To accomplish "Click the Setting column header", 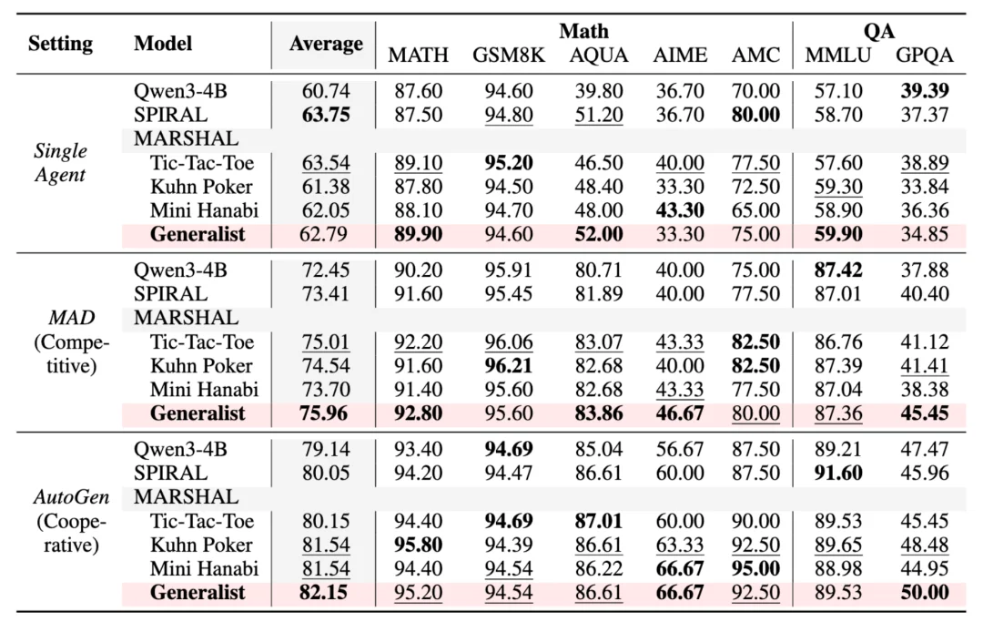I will click(60, 44).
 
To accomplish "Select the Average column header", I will click(326, 44).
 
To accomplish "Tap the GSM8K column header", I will click(509, 56).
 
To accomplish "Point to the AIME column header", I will click(680, 56).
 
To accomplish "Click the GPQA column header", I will click(924, 56).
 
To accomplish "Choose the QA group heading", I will click(878, 32).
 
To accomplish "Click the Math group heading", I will click(583, 32).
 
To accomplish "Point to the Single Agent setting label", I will click(60, 162).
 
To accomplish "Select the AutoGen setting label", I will click(60, 497).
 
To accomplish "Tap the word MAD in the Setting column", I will click(60, 319).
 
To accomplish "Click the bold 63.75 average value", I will click(326, 115).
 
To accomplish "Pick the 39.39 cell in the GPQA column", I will click(924, 91).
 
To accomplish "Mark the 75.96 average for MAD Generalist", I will click(326, 413).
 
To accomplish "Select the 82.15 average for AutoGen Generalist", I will click(326, 593).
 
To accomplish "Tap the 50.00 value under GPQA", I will click(924, 593).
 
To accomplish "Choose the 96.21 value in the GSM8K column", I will click(509, 366).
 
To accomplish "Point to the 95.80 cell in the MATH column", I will click(419, 545).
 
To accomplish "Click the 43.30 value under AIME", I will click(680, 210).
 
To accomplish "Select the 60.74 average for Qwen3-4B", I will click(326, 91).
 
